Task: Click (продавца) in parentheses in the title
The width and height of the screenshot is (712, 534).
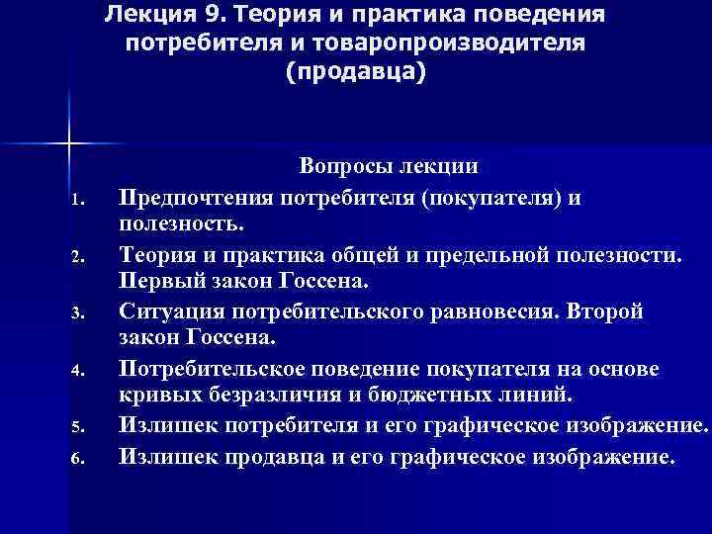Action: point(356,74)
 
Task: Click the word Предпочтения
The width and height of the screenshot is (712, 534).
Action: point(198,198)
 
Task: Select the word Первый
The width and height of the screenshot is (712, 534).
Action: point(158,284)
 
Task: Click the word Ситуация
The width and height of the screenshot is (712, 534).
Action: point(166,311)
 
